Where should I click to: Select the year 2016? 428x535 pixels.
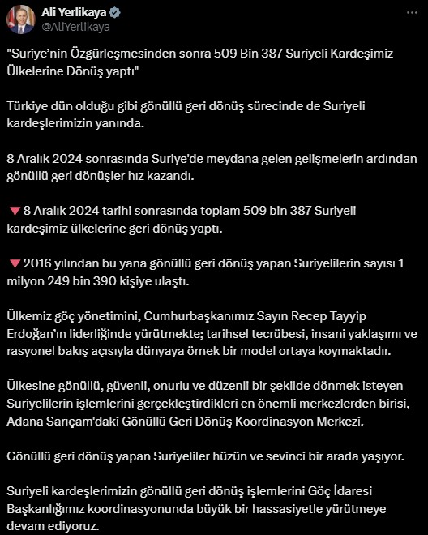[x=38, y=263]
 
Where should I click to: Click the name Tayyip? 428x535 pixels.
[x=370, y=315]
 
